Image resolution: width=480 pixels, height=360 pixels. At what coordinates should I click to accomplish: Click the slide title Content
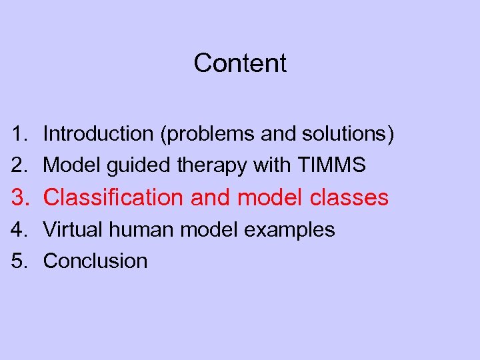[x=240, y=63]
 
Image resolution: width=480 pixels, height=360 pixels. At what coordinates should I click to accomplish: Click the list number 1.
[x=19, y=134]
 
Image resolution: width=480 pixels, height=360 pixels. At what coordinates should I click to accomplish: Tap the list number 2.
[x=19, y=165]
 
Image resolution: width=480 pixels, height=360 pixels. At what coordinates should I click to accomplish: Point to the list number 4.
[x=19, y=230]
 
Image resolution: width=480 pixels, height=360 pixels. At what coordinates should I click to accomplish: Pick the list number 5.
[x=19, y=261]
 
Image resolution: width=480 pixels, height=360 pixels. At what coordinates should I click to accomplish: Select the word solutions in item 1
[x=345, y=135]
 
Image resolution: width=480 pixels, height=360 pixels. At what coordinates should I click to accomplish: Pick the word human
[x=137, y=230]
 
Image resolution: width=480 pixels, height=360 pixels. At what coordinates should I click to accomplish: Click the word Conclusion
[x=95, y=261]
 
